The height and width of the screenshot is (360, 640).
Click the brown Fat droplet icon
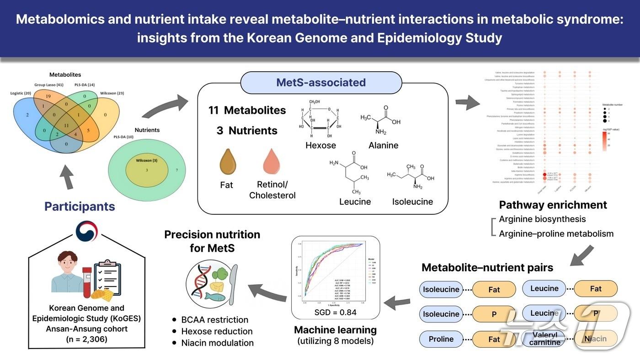pyautogui.click(x=227, y=162)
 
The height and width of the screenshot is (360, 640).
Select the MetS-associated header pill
pyautogui.click(x=321, y=83)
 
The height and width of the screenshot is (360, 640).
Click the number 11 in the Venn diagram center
pyautogui.click(x=67, y=125)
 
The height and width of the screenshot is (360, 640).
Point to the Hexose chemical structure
pyautogui.click(x=320, y=117)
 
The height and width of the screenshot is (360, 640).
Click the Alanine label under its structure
pyautogui.click(x=383, y=145)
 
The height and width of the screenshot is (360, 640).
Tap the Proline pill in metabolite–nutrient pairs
pyautogui.click(x=441, y=339)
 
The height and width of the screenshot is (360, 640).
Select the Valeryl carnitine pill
pyautogui.click(x=544, y=339)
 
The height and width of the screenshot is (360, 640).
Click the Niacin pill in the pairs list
pyautogui.click(x=596, y=339)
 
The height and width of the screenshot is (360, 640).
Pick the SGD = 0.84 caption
pyautogui.click(x=336, y=312)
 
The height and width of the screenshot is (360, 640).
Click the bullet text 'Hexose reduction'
pyautogui.click(x=217, y=331)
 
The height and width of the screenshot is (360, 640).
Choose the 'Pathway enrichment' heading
pyautogui.click(x=553, y=205)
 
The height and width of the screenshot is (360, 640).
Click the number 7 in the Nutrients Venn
pyautogui.click(x=177, y=170)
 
